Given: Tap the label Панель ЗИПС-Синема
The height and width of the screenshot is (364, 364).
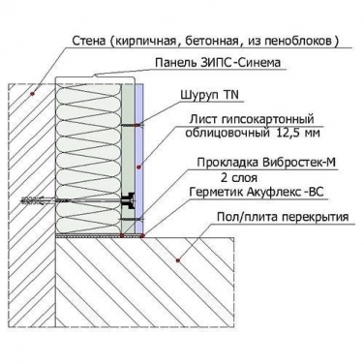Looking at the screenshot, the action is pos(218,62).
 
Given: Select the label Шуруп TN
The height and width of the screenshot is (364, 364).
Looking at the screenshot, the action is pos(210,95).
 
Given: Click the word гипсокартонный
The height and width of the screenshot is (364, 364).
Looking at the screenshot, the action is pos(268,119).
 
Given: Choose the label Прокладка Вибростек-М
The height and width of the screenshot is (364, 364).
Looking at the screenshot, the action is pos(266,163).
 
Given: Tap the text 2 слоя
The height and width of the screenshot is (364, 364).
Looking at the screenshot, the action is pos(239,177).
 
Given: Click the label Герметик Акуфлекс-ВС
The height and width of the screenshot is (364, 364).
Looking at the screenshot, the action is pos(257,193).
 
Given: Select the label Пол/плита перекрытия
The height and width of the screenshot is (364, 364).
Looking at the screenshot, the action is pos(283,217).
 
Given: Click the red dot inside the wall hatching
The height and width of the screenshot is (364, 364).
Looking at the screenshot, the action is pos(32,94).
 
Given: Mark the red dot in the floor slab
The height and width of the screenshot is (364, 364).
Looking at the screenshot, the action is pos(177,259).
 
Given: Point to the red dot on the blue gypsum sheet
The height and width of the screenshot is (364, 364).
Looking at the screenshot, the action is pos(139,167).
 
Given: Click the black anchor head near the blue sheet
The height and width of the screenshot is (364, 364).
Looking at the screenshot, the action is pos(128,201).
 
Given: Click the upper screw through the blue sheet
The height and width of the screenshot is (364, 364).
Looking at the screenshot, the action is pos(132,125).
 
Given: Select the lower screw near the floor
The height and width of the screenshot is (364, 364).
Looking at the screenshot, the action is pos(132,220).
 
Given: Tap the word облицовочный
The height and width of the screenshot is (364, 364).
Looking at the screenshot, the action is pos(227,133).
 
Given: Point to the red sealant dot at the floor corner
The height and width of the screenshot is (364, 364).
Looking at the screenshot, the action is pos(142,236).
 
